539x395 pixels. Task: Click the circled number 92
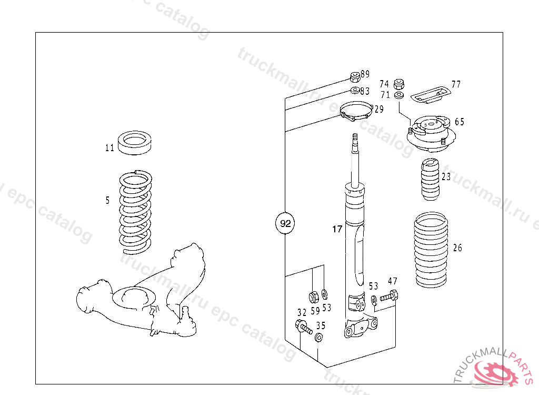click(x=285, y=224)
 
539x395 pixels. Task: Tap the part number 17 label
click(x=337, y=229)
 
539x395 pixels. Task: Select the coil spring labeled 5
click(x=135, y=211)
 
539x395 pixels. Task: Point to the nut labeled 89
click(x=355, y=77)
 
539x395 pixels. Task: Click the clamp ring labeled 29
click(x=355, y=112)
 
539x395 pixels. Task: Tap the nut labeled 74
click(x=399, y=84)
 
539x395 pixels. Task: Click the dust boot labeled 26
click(x=431, y=250)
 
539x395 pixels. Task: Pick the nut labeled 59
click(x=312, y=295)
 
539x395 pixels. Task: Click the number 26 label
click(x=457, y=248)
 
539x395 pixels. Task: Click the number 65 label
click(x=460, y=122)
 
